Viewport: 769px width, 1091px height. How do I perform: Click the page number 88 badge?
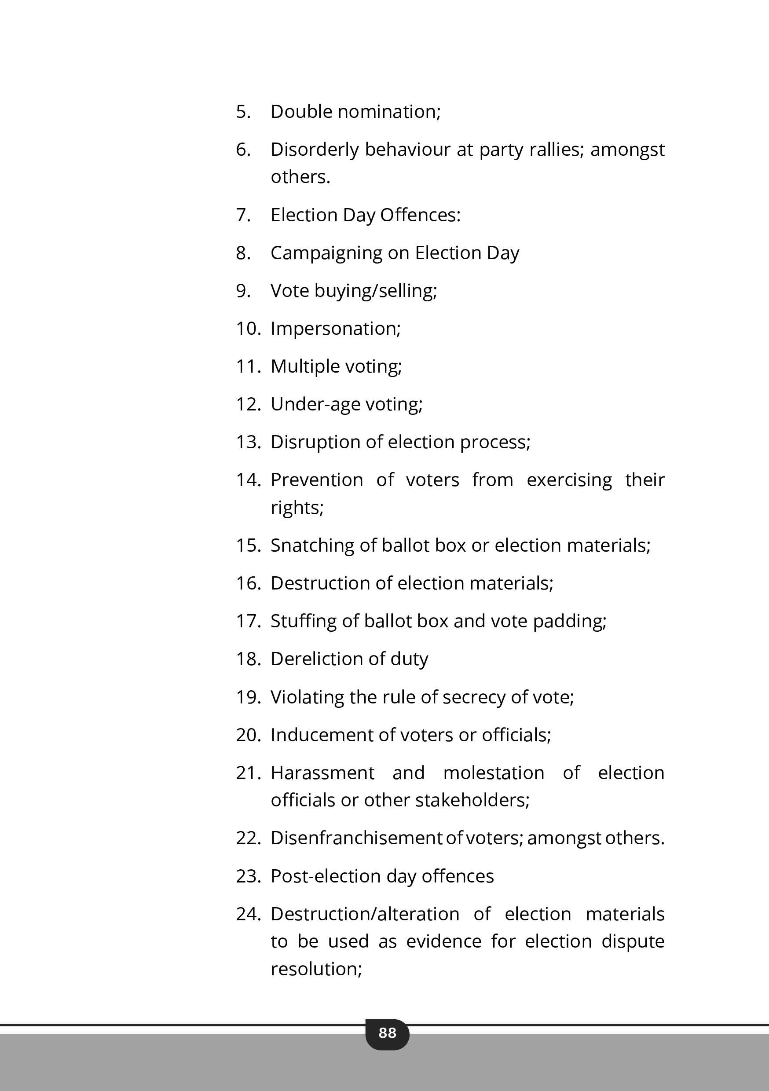tap(387, 1032)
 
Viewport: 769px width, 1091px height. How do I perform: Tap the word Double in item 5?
tap(301, 112)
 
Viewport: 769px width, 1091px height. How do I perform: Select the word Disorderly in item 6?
tap(314, 150)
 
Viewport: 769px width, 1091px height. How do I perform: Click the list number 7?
tap(243, 215)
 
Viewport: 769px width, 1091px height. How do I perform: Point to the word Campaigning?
tap(326, 253)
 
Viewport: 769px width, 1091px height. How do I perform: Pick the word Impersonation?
tap(336, 329)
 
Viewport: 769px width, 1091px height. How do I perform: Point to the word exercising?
tap(569, 480)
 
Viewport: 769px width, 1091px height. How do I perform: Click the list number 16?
tap(248, 583)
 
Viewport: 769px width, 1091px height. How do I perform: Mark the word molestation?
tap(493, 773)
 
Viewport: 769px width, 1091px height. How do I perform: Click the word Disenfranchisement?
tap(356, 838)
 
